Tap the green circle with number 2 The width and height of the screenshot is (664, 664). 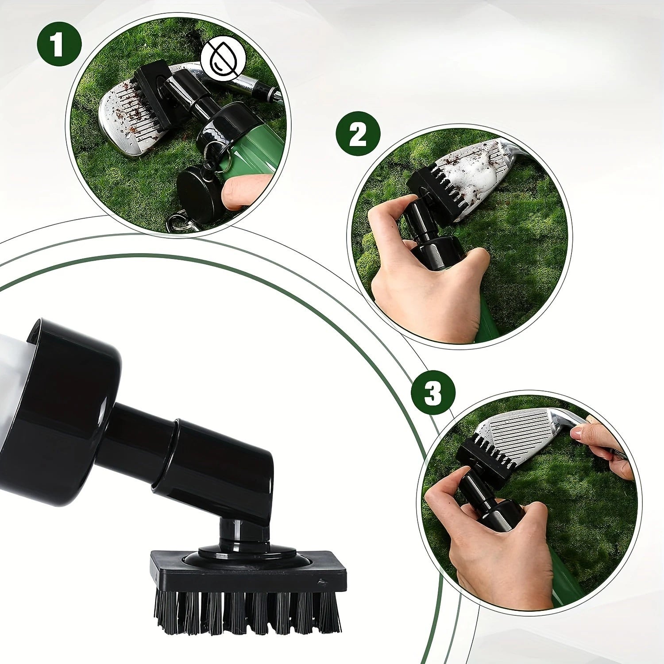tap(358, 134)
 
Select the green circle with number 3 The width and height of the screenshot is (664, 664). tap(433, 392)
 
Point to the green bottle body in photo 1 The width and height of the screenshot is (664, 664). tap(257, 146)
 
